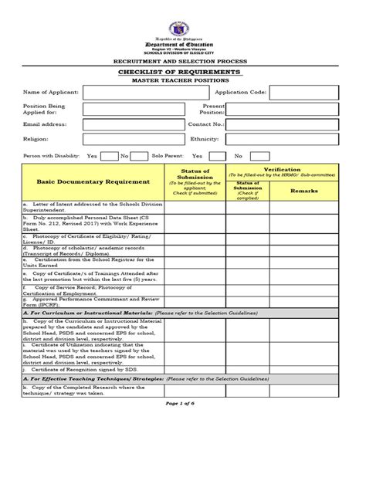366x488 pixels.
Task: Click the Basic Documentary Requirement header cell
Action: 92,181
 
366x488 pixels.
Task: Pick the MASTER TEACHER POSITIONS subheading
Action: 183,80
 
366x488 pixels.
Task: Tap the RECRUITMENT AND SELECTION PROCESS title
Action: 183,59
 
